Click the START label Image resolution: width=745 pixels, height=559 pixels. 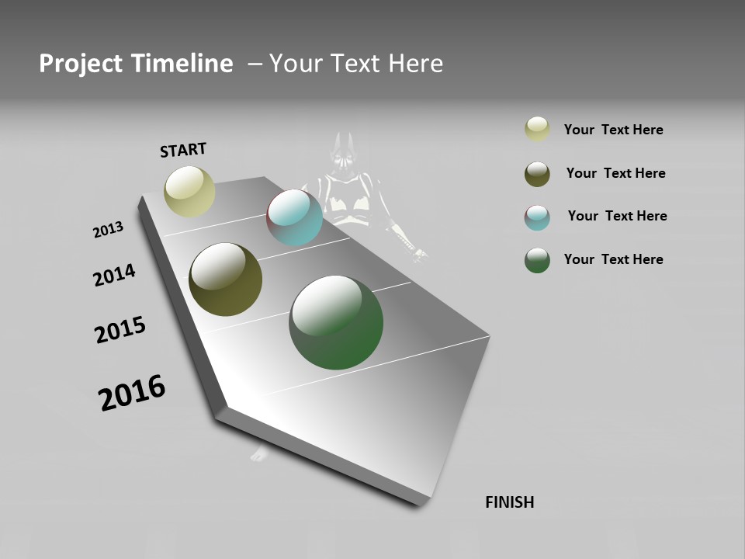tap(183, 150)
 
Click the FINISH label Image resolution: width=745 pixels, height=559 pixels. tap(509, 502)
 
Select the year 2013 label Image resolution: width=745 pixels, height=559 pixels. tap(109, 230)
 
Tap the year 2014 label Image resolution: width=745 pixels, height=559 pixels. tap(114, 275)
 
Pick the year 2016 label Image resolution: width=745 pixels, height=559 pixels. tap(132, 393)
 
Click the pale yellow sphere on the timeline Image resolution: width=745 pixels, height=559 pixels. tap(189, 191)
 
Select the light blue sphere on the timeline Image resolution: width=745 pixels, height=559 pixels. tap(294, 217)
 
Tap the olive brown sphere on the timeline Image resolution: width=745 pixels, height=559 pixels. tap(225, 279)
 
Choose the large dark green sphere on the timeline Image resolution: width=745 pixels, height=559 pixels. tap(336, 322)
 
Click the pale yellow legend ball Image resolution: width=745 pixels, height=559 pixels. tap(537, 130)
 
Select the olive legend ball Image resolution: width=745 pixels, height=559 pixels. tap(537, 174)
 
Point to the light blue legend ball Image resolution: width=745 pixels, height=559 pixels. tap(537, 217)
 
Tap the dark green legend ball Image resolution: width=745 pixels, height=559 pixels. tap(537, 260)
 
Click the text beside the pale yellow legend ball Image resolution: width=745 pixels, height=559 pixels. tap(613, 130)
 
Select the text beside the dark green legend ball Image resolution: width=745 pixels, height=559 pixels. tap(613, 259)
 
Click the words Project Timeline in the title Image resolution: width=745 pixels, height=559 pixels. tap(136, 64)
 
